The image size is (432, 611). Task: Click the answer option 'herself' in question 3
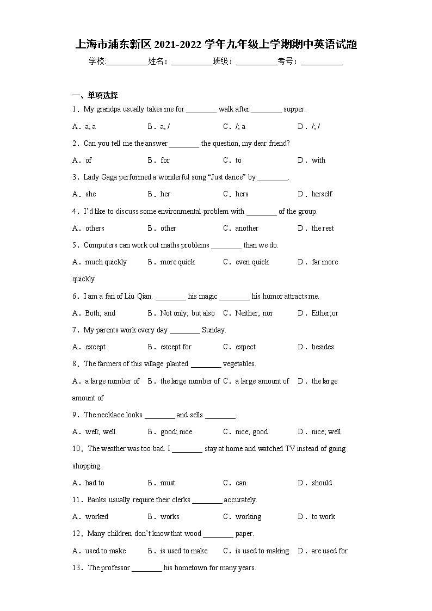coord(322,194)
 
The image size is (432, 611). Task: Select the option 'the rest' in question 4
coord(323,228)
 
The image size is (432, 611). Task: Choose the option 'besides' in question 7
coord(323,347)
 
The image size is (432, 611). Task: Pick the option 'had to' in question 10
coord(94,483)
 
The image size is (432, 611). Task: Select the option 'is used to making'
coord(262,551)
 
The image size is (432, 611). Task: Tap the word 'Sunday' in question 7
coord(213,330)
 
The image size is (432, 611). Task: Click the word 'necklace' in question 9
coord(112,415)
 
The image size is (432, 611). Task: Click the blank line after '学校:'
coord(127,62)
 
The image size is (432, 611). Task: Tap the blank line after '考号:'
coord(322,62)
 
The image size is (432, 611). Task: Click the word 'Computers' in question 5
coord(101,245)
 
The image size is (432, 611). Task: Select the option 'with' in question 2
coord(318,160)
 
